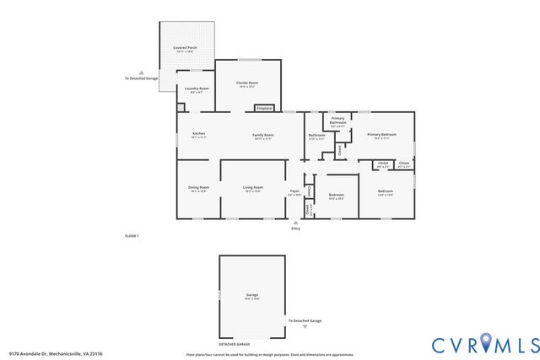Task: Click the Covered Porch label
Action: click(185, 49)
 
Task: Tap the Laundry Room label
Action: click(197, 88)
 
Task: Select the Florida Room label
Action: click(247, 83)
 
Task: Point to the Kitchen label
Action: click(198, 134)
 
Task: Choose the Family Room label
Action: click(263, 135)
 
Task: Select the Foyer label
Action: click(295, 191)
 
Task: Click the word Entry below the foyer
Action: click(295, 228)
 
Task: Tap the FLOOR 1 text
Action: click(132, 236)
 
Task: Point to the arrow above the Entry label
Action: click(295, 223)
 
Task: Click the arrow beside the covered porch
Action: click(141, 72)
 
